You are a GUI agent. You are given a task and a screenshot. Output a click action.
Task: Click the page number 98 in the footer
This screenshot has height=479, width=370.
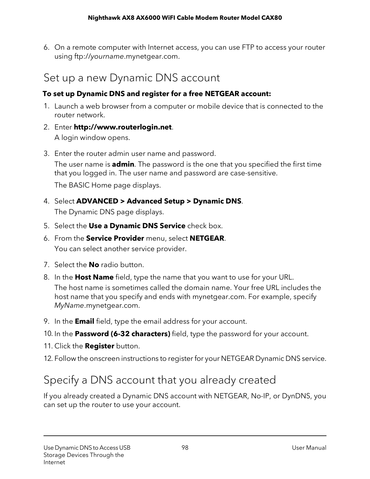(x=185, y=448)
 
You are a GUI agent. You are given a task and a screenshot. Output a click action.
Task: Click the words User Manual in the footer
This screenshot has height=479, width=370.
(x=309, y=448)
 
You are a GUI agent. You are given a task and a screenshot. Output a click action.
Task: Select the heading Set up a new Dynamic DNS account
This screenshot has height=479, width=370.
(x=132, y=78)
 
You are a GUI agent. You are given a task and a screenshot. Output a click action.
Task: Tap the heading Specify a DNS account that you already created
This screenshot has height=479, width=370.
(x=160, y=380)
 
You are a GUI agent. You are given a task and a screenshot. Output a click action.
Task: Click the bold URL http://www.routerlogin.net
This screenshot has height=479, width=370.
(x=123, y=127)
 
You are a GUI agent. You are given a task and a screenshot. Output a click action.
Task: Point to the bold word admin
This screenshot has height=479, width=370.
(x=123, y=164)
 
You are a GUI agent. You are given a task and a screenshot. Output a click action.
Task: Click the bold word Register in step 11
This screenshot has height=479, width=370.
(x=99, y=346)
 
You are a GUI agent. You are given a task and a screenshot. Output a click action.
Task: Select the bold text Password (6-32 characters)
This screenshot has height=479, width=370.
(x=122, y=334)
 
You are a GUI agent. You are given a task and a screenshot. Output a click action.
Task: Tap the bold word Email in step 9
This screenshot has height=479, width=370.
(x=84, y=321)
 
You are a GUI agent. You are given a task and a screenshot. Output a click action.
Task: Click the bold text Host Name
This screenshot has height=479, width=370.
(x=94, y=277)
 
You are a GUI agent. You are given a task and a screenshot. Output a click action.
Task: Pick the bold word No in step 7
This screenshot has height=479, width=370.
(x=94, y=265)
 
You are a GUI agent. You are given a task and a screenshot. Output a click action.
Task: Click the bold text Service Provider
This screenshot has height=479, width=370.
(x=115, y=238)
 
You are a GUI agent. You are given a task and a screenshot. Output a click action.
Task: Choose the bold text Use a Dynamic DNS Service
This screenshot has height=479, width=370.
(x=137, y=226)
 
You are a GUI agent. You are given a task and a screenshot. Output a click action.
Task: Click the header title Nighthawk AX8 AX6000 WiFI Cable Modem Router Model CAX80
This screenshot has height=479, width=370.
(x=185, y=18)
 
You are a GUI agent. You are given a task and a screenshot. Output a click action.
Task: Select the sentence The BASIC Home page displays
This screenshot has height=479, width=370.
(x=108, y=185)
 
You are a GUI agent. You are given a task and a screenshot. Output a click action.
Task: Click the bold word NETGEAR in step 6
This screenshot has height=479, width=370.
(x=207, y=238)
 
